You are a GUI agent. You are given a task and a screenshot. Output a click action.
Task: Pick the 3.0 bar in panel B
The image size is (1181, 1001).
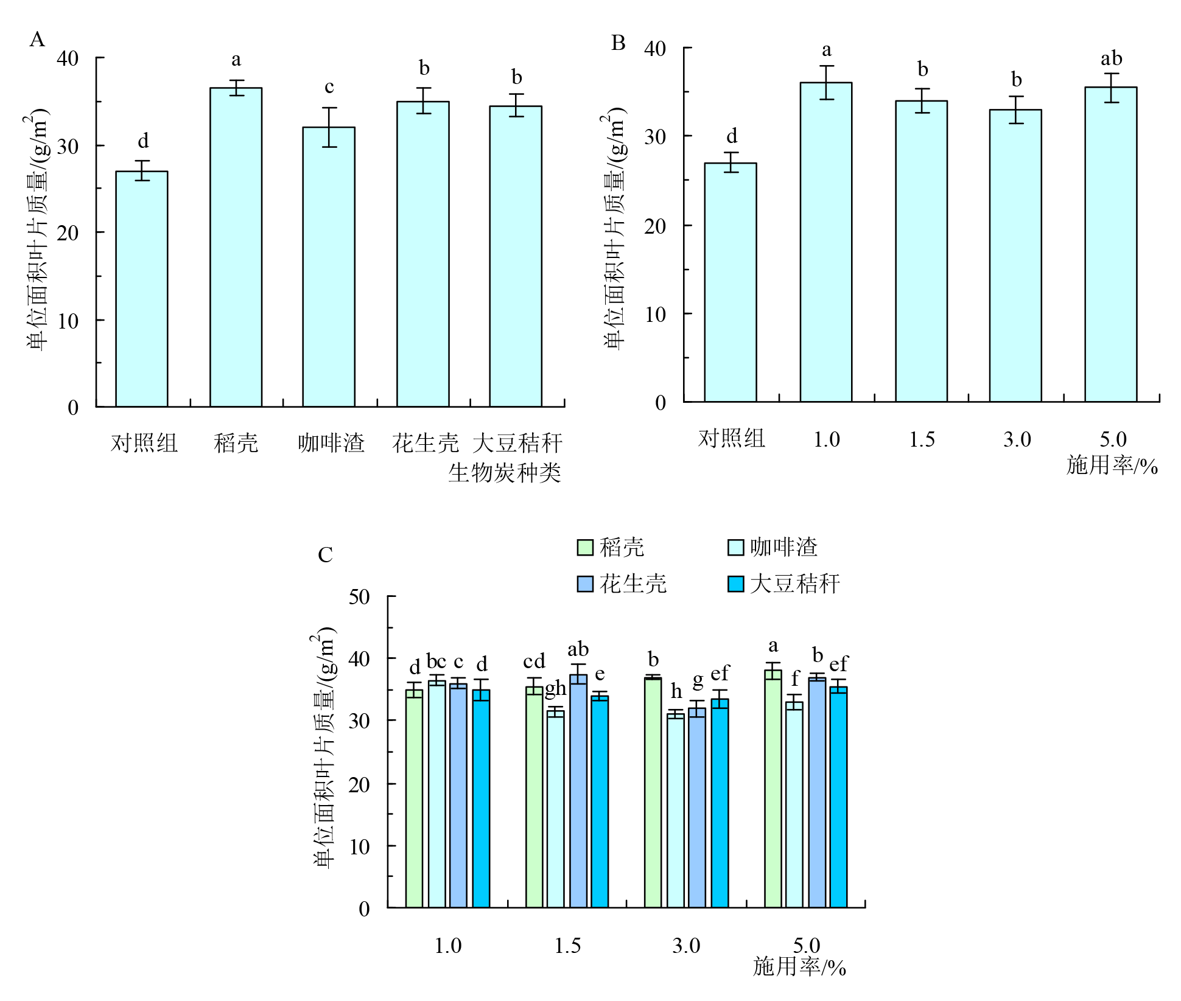1015,256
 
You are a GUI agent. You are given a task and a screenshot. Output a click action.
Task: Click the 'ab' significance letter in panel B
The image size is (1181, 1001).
1111,59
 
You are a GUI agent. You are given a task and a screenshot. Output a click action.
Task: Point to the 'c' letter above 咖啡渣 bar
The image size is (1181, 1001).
329,87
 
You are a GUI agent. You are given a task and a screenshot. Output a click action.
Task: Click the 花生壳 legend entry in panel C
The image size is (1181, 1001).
622,584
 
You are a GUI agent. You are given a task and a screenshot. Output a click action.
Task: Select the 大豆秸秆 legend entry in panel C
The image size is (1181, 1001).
784,584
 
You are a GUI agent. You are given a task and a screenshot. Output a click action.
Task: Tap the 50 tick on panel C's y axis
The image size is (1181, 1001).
359,597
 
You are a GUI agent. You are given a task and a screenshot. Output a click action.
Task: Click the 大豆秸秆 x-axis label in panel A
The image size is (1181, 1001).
517,443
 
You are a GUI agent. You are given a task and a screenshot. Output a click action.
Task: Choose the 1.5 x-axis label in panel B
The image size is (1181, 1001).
922,439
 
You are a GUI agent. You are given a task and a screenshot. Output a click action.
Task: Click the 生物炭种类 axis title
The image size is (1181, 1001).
504,473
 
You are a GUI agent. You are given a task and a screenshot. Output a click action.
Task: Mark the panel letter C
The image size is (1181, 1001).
325,555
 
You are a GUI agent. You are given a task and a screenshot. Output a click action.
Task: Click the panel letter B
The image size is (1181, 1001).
618,43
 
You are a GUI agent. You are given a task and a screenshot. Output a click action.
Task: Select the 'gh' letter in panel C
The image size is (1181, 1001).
555,688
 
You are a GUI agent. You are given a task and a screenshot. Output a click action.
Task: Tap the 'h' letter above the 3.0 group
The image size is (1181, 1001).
676,691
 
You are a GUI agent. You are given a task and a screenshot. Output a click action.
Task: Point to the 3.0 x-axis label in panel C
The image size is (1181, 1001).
686,946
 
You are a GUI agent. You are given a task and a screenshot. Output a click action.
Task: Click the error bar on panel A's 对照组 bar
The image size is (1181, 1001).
142,170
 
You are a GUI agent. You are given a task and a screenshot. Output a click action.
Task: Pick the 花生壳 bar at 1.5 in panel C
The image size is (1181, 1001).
578,791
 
